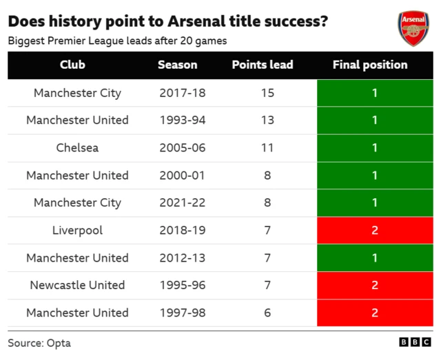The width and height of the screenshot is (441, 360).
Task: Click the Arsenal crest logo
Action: (x=413, y=28)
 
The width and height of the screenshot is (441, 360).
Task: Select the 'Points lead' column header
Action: (x=263, y=65)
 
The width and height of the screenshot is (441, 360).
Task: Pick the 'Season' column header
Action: (x=177, y=65)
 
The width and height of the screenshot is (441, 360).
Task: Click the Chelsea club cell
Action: (x=77, y=148)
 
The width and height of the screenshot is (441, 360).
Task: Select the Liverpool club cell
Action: (x=77, y=231)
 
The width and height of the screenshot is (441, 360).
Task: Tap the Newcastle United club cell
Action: (x=77, y=286)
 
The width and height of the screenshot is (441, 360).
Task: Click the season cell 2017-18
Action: (x=182, y=93)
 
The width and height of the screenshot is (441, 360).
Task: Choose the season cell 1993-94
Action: (x=182, y=120)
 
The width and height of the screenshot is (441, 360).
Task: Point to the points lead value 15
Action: (x=267, y=93)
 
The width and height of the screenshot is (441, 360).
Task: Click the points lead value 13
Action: (x=267, y=120)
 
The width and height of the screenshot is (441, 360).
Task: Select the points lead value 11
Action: (x=267, y=148)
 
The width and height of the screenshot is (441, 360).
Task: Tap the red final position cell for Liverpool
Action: (x=375, y=231)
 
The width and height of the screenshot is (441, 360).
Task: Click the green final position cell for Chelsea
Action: (x=375, y=148)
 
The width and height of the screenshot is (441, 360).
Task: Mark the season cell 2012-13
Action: (x=182, y=258)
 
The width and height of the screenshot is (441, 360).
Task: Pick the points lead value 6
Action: (x=267, y=313)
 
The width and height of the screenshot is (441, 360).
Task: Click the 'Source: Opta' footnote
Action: (x=39, y=343)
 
